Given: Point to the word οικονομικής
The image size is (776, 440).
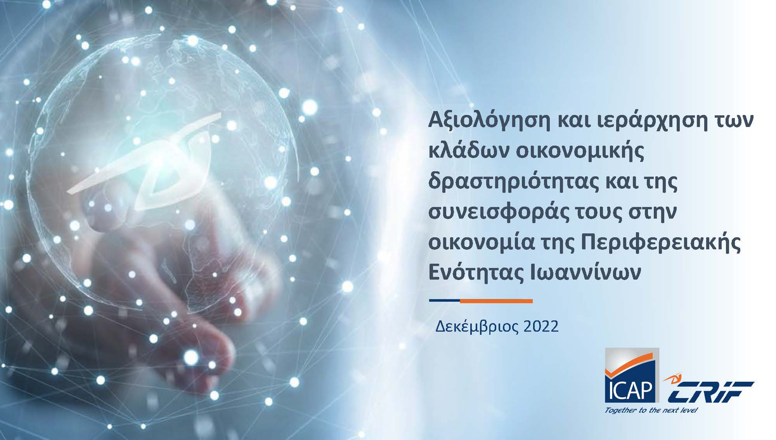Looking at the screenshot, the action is coord(580,151).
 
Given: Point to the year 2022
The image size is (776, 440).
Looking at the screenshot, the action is coord(541,326).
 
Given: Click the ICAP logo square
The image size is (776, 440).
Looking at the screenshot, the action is coord(632,375).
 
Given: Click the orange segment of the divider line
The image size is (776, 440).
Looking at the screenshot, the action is coord(496,301).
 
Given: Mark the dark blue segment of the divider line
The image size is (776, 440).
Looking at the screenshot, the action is coord(445,301).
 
